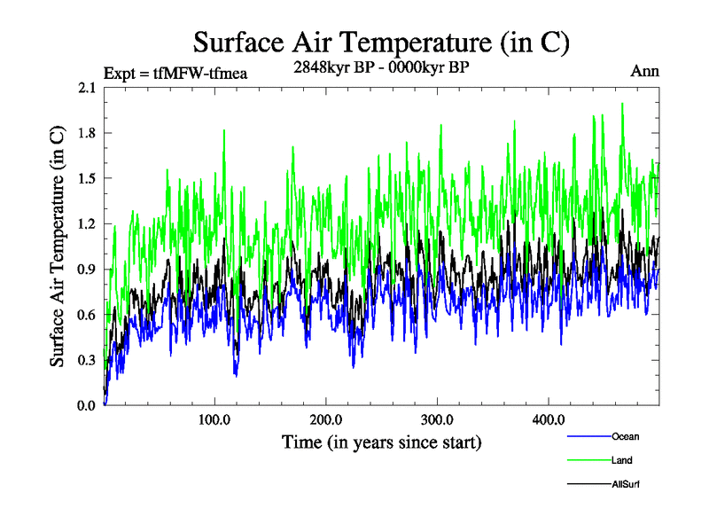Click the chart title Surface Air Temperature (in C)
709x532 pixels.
380,42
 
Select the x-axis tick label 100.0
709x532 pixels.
214,420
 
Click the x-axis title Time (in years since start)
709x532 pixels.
381,442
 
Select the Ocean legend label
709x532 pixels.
625,436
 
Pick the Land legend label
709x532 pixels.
621,460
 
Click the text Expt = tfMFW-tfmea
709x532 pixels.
175,73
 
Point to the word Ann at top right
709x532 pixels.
644,71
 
